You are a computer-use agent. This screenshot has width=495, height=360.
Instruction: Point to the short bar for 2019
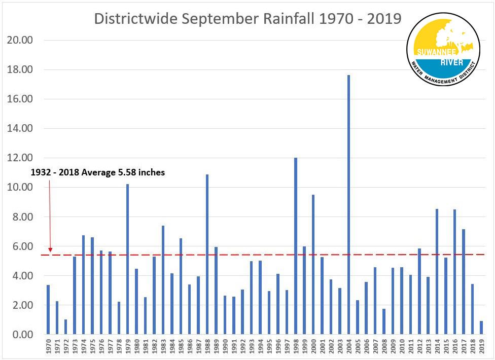click(x=481, y=328)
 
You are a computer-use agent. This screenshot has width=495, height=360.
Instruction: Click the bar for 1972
click(x=65, y=327)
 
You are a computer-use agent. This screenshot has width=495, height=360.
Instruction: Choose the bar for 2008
click(x=384, y=321)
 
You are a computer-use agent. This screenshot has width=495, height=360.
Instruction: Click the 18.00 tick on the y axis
click(x=18, y=69)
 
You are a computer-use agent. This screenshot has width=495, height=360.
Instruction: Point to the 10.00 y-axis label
click(x=18, y=188)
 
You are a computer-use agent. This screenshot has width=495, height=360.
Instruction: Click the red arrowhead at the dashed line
click(x=50, y=248)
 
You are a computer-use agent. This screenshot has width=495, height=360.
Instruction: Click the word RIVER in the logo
click(x=443, y=61)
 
